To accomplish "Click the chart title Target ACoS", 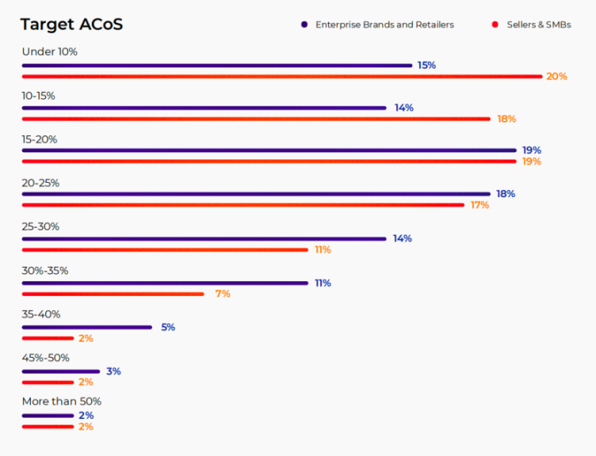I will click(71, 25).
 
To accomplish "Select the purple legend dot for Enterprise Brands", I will click(304, 25).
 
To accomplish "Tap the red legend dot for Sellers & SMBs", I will click(495, 25).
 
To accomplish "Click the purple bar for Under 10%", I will click(216, 65).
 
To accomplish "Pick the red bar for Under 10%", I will click(282, 76).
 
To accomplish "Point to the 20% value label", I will click(556, 77).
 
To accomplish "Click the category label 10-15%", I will click(38, 96).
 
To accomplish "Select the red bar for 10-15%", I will click(256, 119).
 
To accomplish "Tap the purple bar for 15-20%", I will click(269, 150).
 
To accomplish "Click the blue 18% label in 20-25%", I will click(506, 194).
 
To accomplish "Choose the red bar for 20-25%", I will click(243, 205).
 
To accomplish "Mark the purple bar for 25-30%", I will click(204, 238).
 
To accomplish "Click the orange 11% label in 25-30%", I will click(323, 249).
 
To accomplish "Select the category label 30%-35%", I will click(45, 271).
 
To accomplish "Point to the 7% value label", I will click(223, 294).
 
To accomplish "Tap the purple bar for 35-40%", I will click(86, 327).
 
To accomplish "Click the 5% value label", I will click(168, 327).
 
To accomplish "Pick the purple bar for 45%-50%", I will click(60, 371).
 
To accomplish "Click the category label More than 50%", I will click(62, 401).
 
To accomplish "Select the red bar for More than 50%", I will click(48, 427).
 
